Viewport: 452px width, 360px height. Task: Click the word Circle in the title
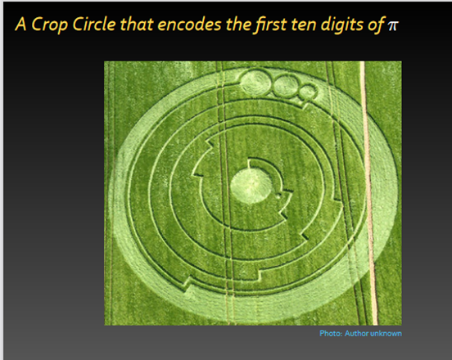94,24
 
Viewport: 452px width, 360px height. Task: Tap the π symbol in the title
392,26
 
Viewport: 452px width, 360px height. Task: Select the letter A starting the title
21,24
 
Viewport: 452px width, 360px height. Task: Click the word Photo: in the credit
331,334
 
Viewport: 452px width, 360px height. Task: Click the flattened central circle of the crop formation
251,187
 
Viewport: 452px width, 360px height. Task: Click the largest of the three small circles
255,83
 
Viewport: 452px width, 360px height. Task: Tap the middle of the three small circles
286,85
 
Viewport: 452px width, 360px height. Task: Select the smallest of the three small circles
308,92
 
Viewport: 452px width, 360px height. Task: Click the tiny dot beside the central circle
278,196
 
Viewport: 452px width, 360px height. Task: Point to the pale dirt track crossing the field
368,193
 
